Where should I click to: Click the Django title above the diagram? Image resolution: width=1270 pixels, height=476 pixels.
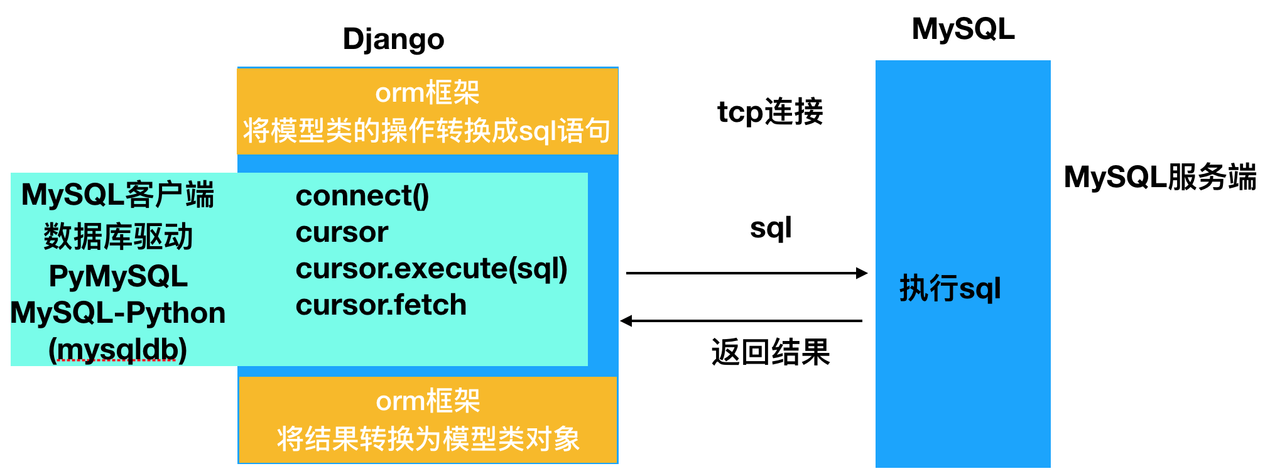point(393,40)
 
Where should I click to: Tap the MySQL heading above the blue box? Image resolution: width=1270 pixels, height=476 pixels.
point(963,30)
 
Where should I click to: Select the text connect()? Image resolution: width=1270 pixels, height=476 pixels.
point(362,196)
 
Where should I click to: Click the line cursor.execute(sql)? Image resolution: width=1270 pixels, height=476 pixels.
point(431,269)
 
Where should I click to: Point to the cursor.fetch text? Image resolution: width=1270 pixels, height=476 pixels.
point(381,305)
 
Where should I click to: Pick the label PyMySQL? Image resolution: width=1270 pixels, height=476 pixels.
point(118,276)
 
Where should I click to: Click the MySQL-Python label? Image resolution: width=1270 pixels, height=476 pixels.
point(118,313)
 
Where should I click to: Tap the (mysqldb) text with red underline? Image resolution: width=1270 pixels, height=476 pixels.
point(118,349)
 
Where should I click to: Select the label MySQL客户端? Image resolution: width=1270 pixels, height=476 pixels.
point(118,195)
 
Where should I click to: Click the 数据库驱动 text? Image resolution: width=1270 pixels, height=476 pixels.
point(118,237)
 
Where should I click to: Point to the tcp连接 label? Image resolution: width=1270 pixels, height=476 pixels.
point(770,112)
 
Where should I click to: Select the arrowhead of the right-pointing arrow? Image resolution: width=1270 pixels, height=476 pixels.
point(862,273)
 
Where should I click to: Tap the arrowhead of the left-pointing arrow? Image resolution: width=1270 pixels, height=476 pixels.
point(626,321)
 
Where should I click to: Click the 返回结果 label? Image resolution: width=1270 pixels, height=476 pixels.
point(771,352)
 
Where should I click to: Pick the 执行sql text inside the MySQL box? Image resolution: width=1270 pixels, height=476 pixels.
point(950,289)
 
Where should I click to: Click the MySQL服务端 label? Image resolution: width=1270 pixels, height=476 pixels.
point(1160,177)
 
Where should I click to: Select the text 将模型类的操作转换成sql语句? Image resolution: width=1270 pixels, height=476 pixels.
point(427,131)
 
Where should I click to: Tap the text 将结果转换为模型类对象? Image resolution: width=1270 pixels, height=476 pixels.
point(428,439)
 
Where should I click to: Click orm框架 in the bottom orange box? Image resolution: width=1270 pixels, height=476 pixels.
point(428,401)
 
